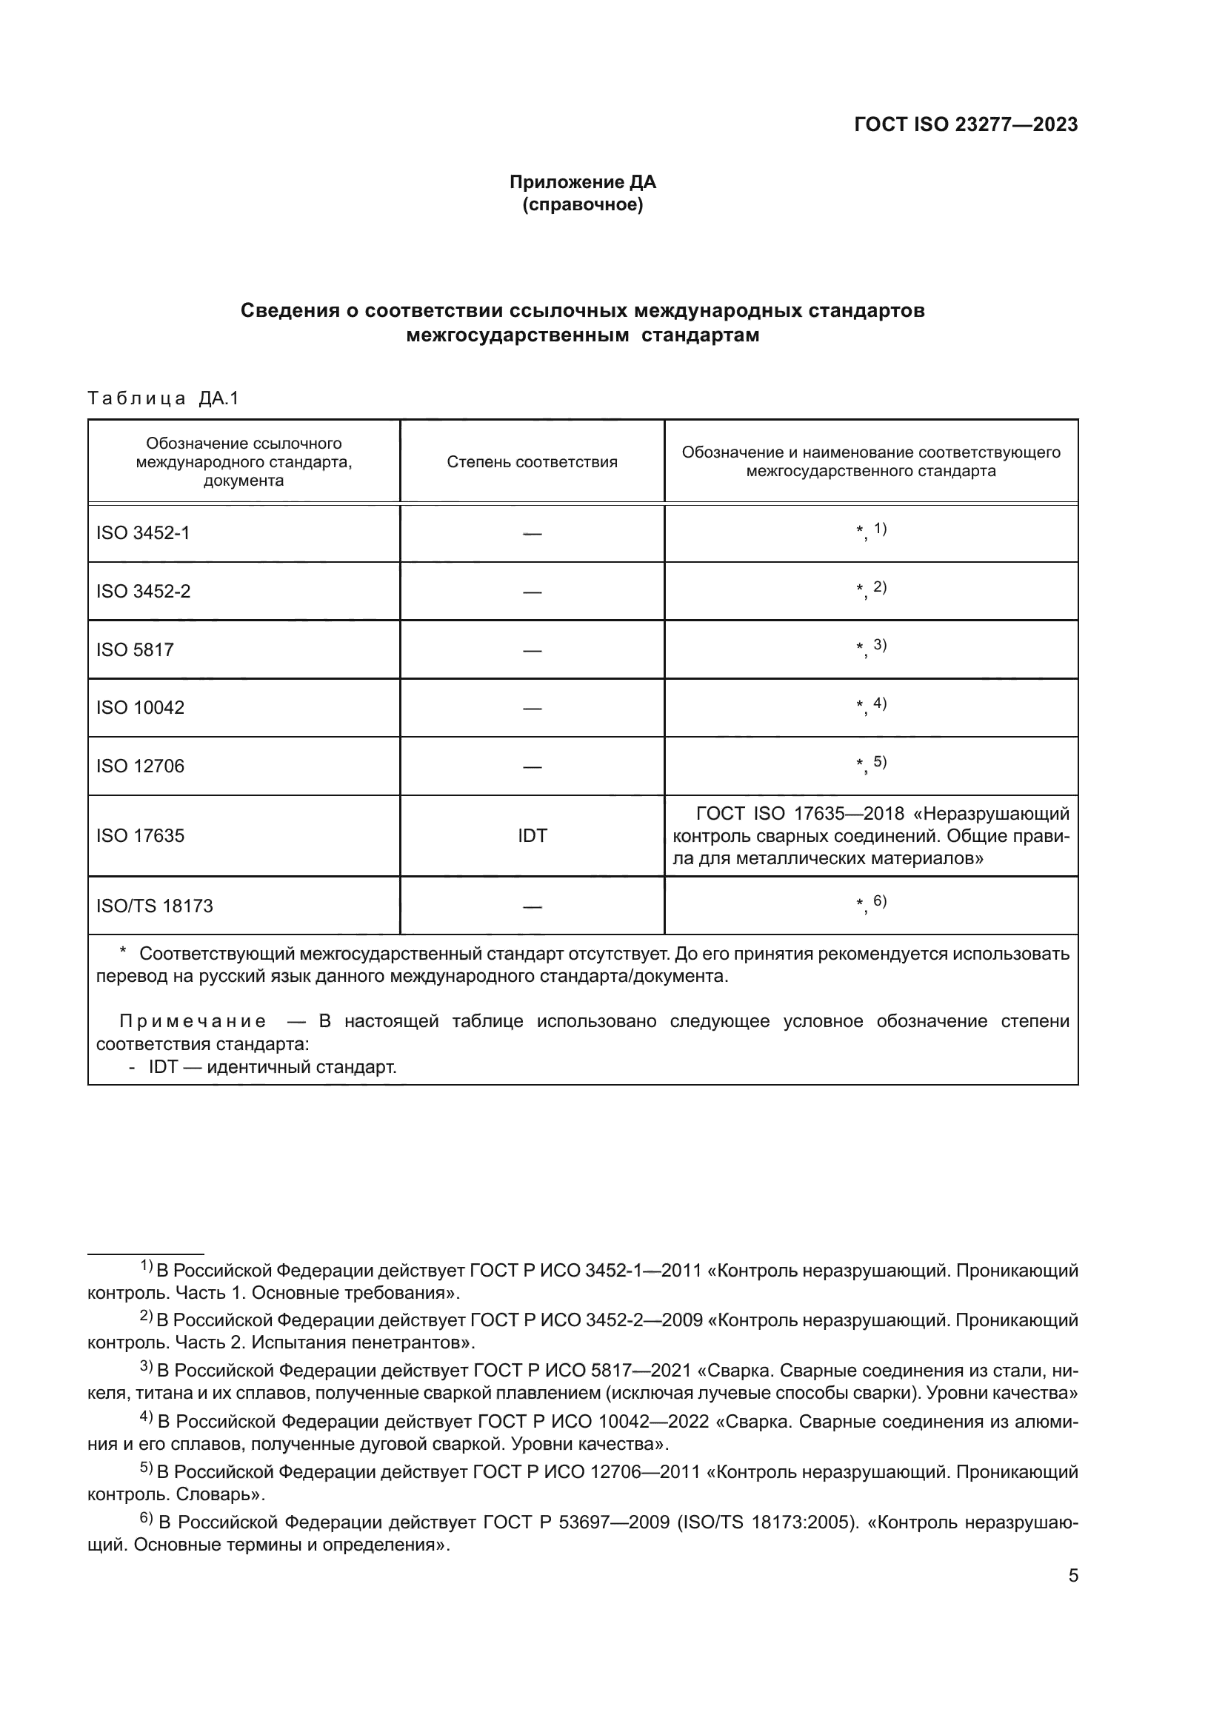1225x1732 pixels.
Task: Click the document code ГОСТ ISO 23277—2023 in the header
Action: pos(966,125)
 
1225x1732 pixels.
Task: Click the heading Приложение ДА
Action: pos(582,182)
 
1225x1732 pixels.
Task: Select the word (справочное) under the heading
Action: pos(582,205)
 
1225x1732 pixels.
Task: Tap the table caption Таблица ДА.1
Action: pos(163,398)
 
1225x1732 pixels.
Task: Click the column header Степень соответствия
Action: pos(532,462)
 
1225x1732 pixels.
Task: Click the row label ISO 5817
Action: pos(134,649)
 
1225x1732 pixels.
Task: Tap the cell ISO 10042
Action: pos(139,708)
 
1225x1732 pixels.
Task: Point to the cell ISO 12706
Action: pos(139,766)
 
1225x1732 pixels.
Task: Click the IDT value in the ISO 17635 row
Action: pos(532,836)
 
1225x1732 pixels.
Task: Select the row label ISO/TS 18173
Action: pos(154,906)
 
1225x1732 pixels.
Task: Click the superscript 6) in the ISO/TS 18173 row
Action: pos(880,900)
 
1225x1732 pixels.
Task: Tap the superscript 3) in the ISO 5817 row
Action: pos(880,645)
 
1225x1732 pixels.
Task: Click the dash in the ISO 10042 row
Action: pos(532,709)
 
